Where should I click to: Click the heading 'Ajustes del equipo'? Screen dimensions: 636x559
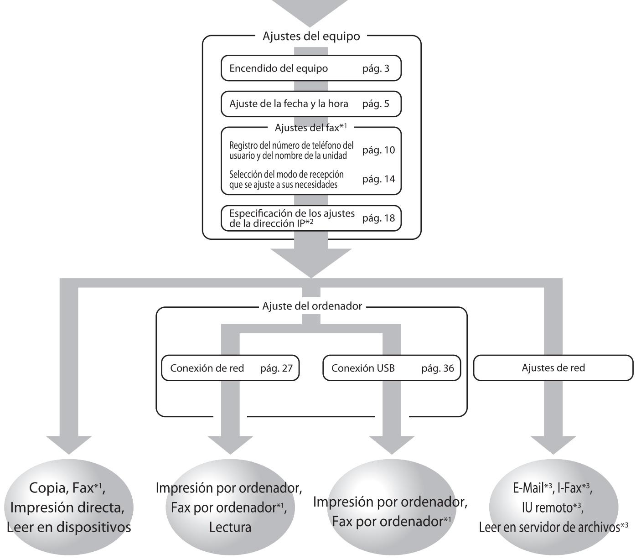click(x=311, y=36)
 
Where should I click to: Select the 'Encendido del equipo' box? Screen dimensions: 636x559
click(x=311, y=68)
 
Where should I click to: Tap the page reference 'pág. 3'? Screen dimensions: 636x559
click(x=376, y=69)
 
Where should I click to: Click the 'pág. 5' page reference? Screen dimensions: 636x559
click(x=376, y=104)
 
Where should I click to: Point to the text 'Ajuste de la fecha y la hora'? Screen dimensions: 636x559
click(x=289, y=104)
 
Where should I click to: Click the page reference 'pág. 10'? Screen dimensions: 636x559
click(x=378, y=150)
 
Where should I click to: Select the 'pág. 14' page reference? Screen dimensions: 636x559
click(x=378, y=179)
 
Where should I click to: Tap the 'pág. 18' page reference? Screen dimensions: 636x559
click(x=378, y=218)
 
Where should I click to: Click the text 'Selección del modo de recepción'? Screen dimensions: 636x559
click(x=286, y=174)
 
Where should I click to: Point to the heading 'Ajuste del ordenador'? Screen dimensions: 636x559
click(x=312, y=306)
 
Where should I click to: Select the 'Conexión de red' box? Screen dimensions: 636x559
click(x=230, y=368)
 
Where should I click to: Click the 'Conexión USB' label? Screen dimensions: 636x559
click(x=363, y=368)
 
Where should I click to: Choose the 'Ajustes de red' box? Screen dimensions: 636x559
click(x=553, y=368)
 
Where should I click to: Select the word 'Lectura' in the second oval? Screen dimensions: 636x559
click(x=230, y=528)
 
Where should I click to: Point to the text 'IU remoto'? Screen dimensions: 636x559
click(x=548, y=508)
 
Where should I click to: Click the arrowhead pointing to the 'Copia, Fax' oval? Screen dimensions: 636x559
click(x=69, y=445)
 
